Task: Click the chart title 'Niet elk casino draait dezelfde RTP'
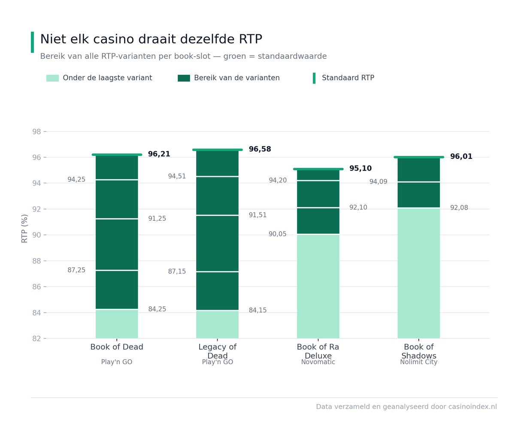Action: click(151, 39)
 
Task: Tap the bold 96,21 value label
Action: click(159, 154)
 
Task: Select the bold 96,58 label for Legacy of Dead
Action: click(260, 149)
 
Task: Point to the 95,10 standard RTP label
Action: click(360, 168)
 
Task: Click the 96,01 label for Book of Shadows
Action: click(461, 156)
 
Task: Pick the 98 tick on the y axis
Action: click(36, 132)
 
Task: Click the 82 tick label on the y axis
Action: click(36, 339)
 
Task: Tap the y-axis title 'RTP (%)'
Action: click(24, 228)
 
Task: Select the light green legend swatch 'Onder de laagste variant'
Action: click(52, 78)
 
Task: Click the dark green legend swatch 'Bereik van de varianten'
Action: click(184, 78)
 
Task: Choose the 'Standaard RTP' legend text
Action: click(348, 78)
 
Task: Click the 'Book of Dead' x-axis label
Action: click(117, 347)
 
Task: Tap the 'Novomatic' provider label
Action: click(318, 362)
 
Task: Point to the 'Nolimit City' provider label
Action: click(418, 362)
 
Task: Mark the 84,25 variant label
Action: click(157, 309)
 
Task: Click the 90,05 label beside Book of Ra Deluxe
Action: click(277, 234)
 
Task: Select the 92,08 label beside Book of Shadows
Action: click(459, 208)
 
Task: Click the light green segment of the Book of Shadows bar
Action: click(418, 273)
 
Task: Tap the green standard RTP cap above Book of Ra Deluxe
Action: click(318, 169)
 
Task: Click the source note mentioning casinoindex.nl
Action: click(406, 407)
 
